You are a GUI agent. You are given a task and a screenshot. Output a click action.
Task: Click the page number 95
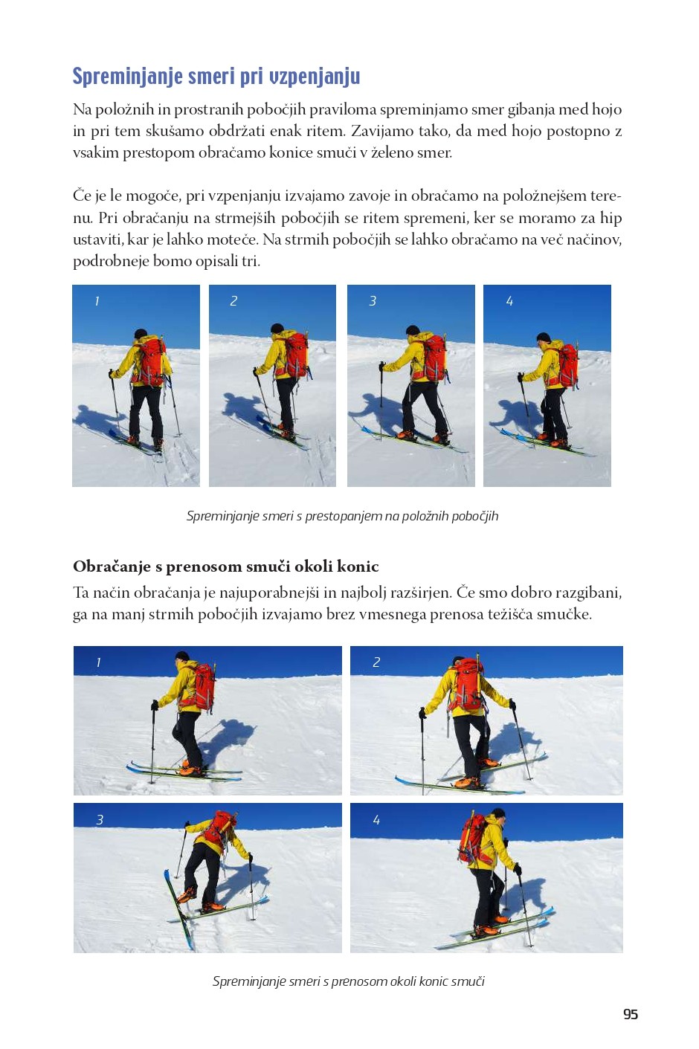(x=631, y=1014)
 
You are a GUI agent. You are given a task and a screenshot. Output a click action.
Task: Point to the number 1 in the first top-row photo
(x=97, y=301)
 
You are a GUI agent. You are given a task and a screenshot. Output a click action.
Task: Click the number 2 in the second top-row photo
(x=233, y=301)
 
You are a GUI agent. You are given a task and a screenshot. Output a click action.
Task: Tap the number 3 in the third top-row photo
(x=373, y=301)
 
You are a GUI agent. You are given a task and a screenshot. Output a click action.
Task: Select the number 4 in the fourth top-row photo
(x=509, y=301)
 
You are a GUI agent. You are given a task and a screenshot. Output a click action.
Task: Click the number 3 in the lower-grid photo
(x=100, y=820)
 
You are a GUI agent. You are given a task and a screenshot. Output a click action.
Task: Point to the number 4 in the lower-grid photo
(x=376, y=820)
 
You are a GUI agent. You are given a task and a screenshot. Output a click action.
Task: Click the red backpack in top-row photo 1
(x=152, y=360)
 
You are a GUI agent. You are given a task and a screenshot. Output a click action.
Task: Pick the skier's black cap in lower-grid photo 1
(x=182, y=656)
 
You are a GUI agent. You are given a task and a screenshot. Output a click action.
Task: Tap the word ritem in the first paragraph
(x=325, y=131)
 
